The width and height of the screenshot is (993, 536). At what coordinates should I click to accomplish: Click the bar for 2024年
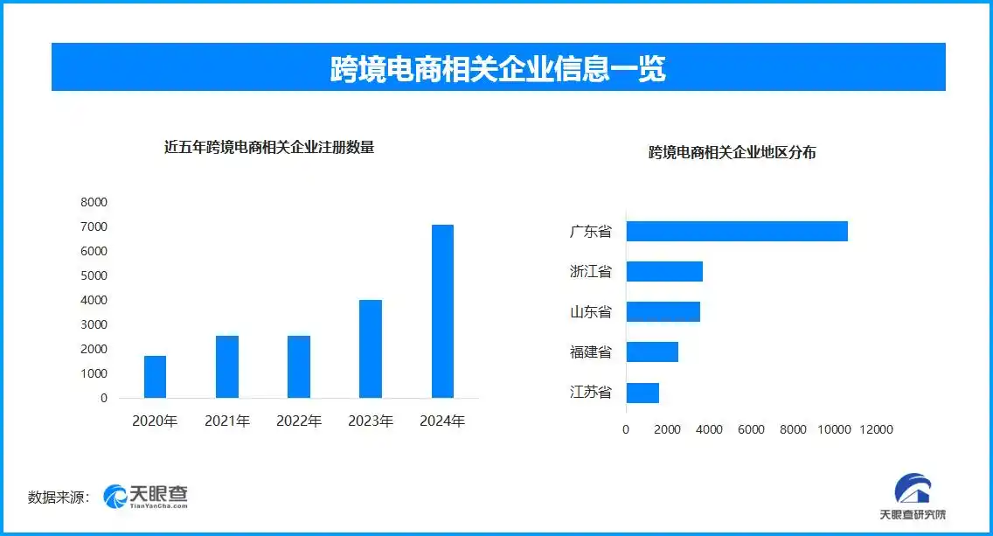pos(442,311)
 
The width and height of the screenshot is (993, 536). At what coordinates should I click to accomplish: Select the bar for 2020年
pos(155,377)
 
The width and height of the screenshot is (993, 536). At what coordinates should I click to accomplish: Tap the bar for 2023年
pos(371,349)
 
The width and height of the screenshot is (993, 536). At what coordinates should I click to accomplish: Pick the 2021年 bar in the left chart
pos(227,366)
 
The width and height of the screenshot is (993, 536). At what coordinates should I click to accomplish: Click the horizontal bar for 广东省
pos(737,231)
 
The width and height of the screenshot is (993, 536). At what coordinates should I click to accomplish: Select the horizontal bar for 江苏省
pos(642,393)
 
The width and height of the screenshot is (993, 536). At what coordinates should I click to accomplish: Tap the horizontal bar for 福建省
pos(652,352)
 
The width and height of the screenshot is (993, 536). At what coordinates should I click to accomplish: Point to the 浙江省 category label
pos(590,272)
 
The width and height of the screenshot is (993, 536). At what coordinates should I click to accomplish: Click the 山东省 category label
pos(590,312)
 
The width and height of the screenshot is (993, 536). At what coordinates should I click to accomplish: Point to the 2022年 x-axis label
pos(299,421)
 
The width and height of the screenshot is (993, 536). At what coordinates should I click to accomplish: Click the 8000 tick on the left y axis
pos(94,202)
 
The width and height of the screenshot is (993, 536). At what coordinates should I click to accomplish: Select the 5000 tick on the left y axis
pos(94,275)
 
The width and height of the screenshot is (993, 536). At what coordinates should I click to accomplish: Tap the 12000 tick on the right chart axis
pos(876,430)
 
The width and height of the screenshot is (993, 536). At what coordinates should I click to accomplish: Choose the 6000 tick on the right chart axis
pos(751,430)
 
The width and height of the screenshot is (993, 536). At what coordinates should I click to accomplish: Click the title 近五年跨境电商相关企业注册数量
pos(269,148)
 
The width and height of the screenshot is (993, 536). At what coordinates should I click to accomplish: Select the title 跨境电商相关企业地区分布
pos(733,152)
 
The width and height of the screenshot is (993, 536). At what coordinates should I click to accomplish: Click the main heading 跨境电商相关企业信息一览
pos(497,68)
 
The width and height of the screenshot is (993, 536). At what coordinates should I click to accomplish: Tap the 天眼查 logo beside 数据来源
pos(146,497)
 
